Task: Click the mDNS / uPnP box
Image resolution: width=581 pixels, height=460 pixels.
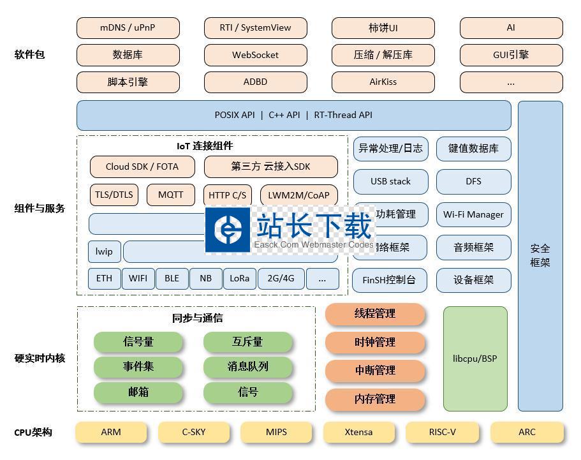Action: (128, 28)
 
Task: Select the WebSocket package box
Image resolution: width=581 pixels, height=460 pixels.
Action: (255, 55)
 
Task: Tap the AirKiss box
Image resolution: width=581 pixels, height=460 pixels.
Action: (383, 82)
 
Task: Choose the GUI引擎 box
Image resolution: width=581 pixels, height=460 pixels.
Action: (511, 55)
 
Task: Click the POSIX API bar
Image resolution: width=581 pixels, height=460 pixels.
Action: (293, 115)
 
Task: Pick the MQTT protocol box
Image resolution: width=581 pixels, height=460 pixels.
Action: (170, 195)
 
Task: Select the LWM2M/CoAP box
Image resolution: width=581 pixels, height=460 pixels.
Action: (298, 195)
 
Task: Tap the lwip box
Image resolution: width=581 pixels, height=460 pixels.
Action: (104, 251)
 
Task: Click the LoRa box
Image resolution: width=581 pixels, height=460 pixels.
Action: (239, 278)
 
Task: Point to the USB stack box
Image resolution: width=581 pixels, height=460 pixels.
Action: (390, 181)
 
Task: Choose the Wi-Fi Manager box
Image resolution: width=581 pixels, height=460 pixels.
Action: (473, 214)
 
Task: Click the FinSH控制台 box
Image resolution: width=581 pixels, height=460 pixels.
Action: (389, 280)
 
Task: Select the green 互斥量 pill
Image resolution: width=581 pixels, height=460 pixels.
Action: (247, 342)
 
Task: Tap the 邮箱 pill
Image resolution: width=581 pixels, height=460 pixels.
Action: (138, 392)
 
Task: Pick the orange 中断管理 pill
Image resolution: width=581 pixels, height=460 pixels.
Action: (375, 370)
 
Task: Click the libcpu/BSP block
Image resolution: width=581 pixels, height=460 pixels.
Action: (474, 359)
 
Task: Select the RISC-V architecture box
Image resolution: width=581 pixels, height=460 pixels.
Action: (442, 432)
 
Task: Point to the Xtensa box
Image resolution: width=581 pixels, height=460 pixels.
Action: (358, 432)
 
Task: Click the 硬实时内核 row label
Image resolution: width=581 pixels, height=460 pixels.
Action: (40, 359)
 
